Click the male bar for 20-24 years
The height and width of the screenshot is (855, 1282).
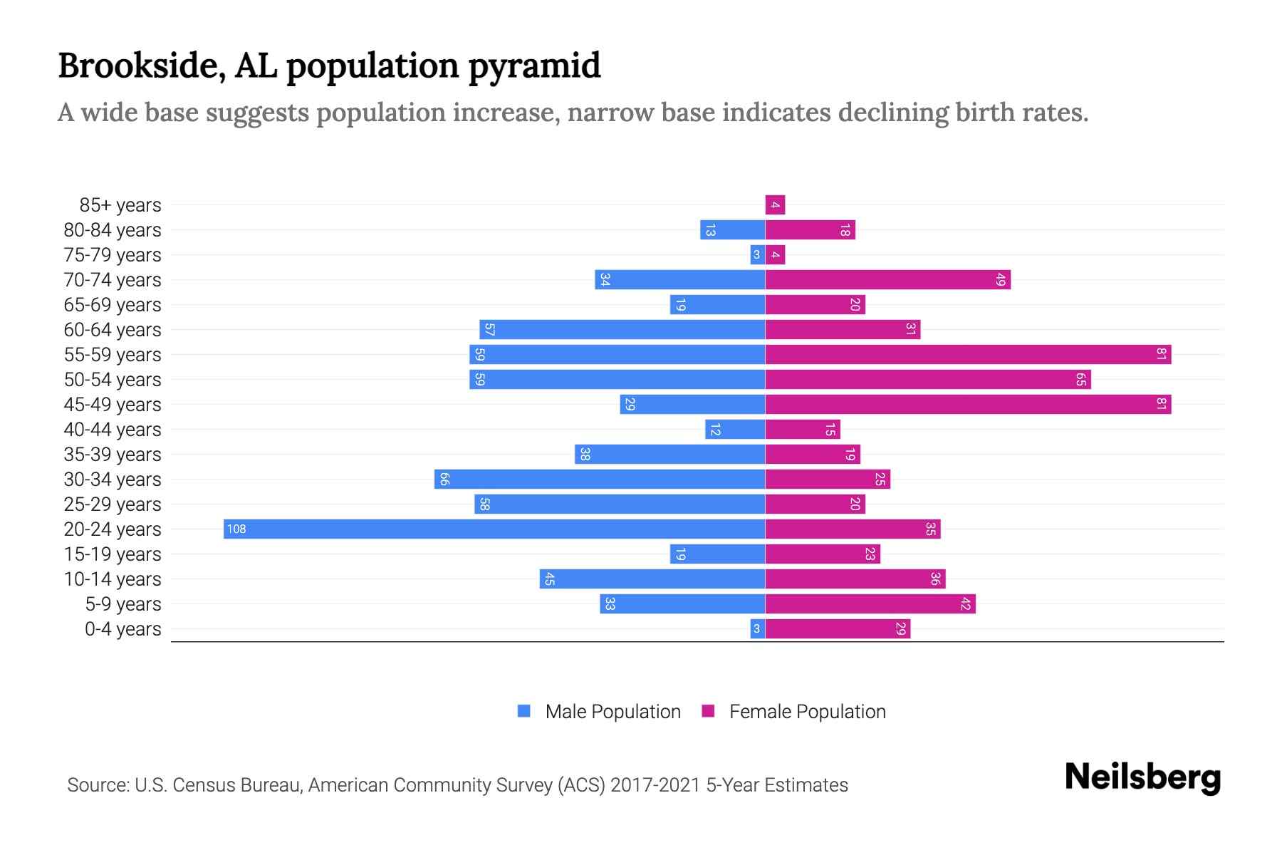494,529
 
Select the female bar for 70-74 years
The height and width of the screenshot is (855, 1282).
887,279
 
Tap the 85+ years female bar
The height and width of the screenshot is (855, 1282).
775,205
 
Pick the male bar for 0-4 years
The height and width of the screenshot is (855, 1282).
757,628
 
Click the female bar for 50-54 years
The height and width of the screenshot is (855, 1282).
927,379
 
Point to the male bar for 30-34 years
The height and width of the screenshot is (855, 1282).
600,479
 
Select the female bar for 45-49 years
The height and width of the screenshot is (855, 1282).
968,404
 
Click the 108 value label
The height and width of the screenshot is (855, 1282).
236,529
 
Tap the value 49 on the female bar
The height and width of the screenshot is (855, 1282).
1000,279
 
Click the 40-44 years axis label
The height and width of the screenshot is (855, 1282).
113,430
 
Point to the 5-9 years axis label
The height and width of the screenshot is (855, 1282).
123,604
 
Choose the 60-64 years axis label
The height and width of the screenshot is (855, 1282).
113,330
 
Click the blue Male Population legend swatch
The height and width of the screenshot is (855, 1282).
524,711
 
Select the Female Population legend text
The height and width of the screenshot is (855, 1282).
807,711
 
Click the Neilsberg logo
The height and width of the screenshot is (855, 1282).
1142,777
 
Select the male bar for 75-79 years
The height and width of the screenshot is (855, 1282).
757,254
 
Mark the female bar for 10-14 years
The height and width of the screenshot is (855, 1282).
855,579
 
